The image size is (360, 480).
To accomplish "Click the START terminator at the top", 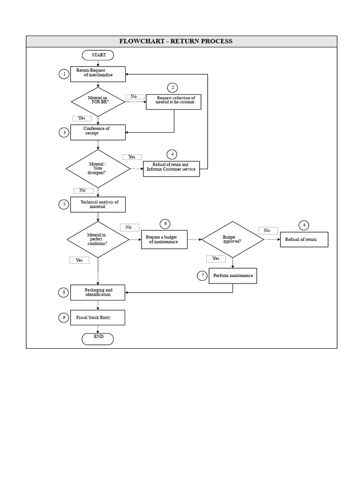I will tap(98, 55).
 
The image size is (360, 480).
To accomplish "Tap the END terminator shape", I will tap(97, 338).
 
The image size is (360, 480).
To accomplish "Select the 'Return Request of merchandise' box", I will tap(98, 74).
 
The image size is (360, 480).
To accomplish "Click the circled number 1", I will tap(64, 74).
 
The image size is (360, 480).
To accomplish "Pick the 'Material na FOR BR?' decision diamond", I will tap(98, 101).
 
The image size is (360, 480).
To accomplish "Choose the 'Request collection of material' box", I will tap(173, 102).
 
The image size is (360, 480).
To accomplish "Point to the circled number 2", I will tap(172, 88).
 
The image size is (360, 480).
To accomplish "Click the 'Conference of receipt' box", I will tap(98, 132).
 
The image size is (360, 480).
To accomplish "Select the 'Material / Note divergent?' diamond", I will tap(98, 168).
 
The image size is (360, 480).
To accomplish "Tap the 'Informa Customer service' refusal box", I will tap(171, 169).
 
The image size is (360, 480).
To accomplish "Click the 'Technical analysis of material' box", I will tap(98, 204).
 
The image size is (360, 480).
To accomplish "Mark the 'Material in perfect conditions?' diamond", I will tap(98, 239).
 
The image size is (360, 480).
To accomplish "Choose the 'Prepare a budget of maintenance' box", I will tap(165, 240).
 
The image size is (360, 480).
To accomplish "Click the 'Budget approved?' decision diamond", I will tap(233, 239).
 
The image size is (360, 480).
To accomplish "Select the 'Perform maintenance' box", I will tap(232, 276).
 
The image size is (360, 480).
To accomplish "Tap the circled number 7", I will tap(202, 276).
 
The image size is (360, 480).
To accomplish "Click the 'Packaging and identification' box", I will tap(98, 292).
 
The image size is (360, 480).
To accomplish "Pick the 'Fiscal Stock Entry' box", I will tap(98, 318).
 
